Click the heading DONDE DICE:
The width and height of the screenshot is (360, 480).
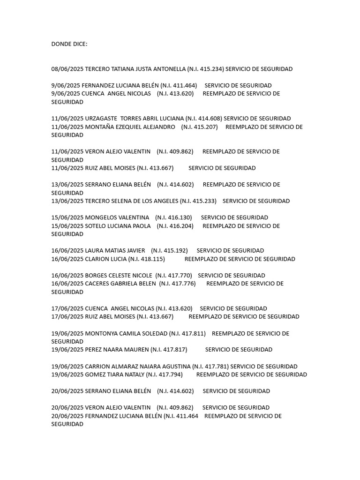coord(69,44)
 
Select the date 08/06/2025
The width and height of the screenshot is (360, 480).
coord(67,69)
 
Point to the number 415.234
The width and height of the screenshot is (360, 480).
coord(211,69)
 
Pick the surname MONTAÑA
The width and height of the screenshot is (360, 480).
coord(101,127)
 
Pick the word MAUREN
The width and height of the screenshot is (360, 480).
coord(135,350)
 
